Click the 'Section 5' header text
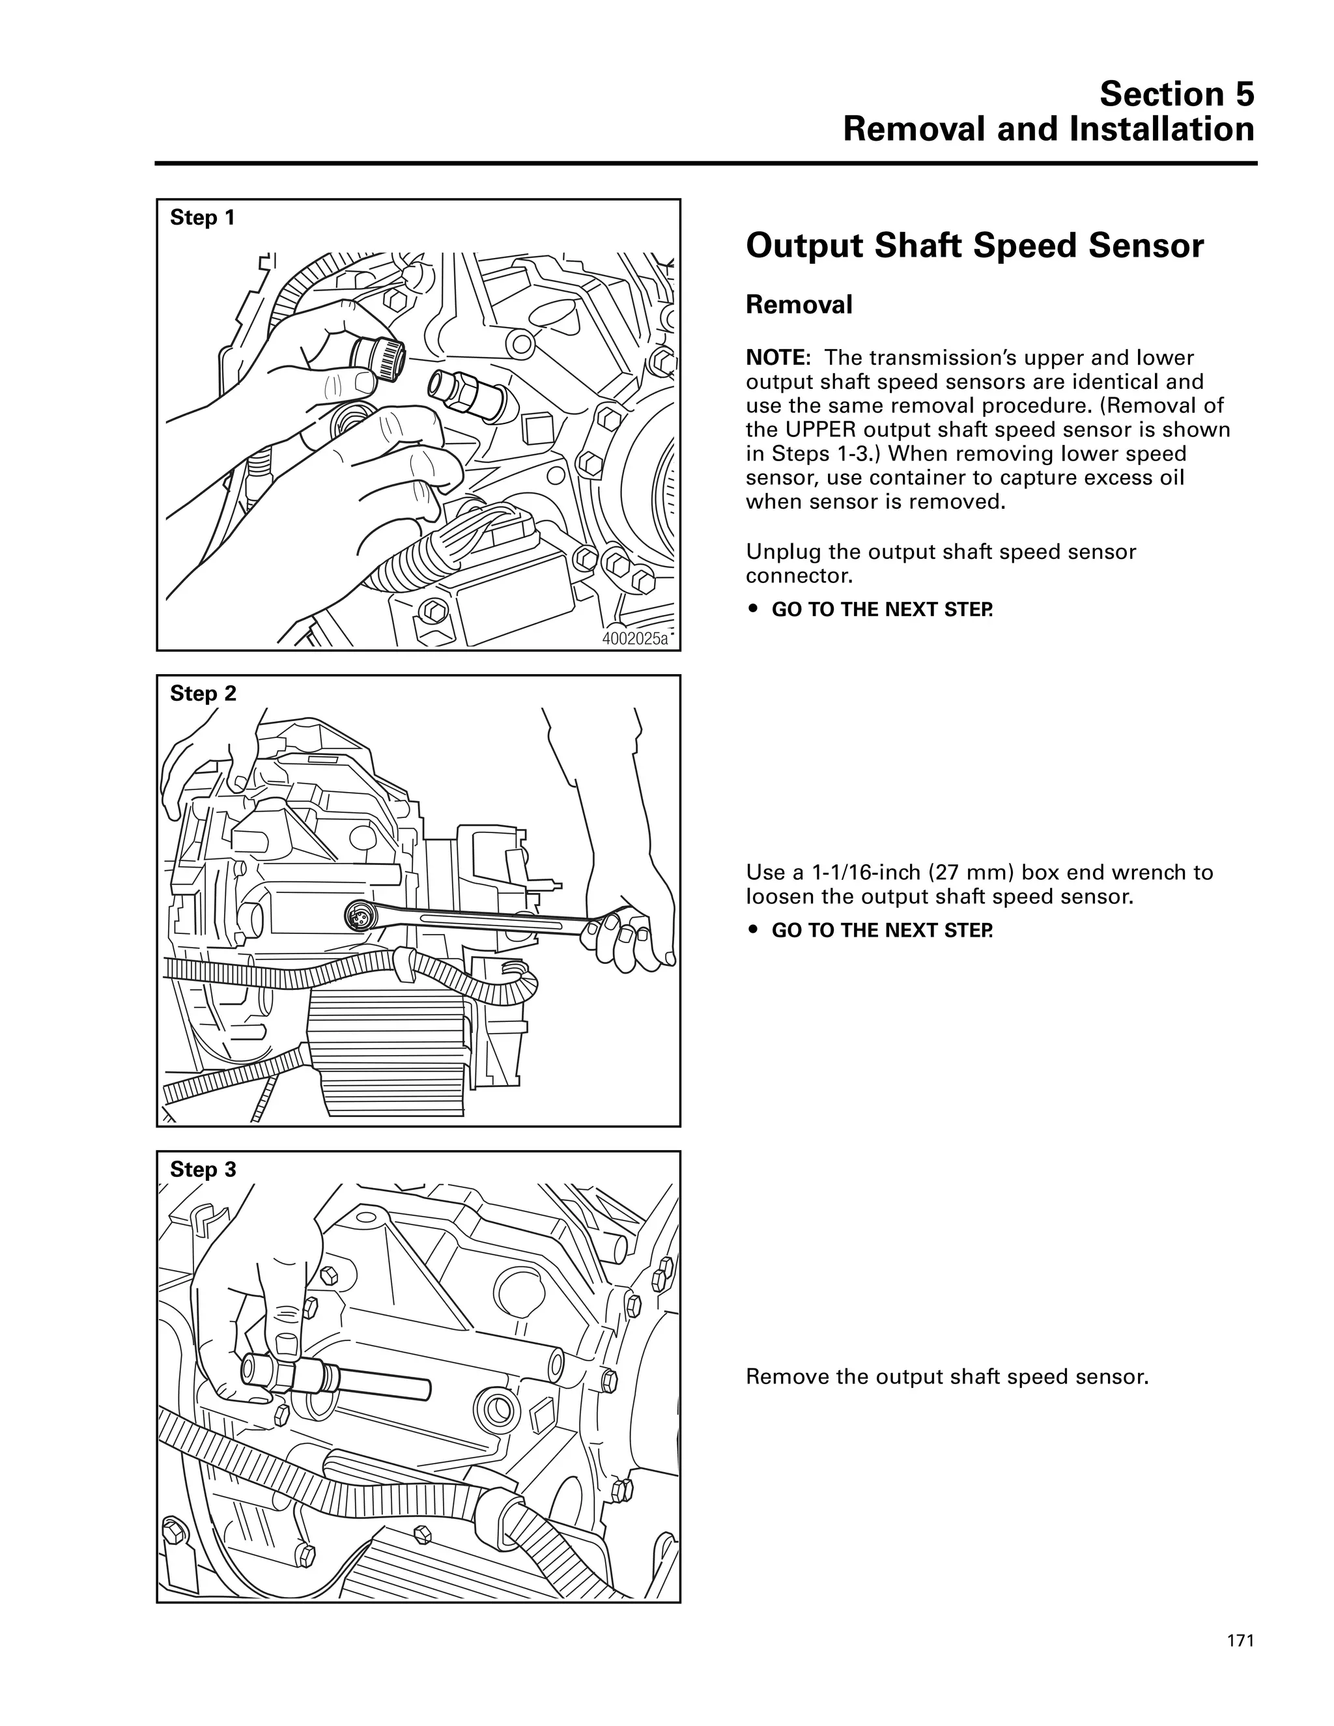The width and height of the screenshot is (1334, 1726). point(1176,94)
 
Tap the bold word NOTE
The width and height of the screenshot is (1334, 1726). point(774,358)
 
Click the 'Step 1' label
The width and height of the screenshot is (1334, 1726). point(203,218)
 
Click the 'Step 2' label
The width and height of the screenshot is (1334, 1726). point(203,694)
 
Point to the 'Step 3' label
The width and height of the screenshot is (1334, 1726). point(203,1170)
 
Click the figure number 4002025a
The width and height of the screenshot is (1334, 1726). point(635,638)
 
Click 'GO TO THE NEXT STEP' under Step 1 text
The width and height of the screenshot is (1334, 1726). point(882,610)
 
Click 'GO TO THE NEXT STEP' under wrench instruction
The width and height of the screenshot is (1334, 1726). point(882,930)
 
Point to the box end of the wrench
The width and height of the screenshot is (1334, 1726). point(360,916)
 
